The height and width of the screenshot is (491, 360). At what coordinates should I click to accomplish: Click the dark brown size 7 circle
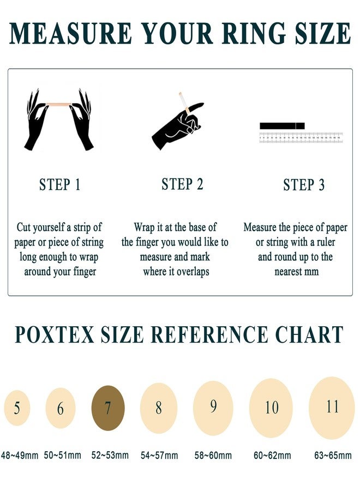(x=108, y=408)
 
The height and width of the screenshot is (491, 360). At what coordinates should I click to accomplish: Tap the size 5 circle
(x=17, y=408)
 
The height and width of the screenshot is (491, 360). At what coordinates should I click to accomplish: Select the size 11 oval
(x=332, y=408)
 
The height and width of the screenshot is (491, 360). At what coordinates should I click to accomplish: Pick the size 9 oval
(x=213, y=408)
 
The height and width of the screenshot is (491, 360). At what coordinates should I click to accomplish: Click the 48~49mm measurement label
(x=20, y=455)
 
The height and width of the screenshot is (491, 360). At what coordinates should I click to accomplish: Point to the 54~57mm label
(x=159, y=455)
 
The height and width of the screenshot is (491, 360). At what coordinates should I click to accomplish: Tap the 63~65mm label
(x=333, y=455)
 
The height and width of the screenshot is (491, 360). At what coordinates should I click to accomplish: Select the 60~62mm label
(x=272, y=455)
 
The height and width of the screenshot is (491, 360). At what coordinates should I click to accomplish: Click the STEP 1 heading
(x=60, y=184)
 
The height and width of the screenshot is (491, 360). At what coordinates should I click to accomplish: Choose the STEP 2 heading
(x=182, y=184)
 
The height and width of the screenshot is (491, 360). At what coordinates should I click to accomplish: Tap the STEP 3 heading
(x=304, y=184)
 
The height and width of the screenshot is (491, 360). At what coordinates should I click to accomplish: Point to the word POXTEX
(x=55, y=334)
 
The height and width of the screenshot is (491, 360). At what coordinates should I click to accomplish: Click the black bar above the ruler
(x=282, y=126)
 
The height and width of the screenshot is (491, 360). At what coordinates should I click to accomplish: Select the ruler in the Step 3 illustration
(x=301, y=137)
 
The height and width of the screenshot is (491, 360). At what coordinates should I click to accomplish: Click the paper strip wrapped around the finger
(x=187, y=110)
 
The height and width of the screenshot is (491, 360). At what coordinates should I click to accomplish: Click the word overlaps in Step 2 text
(x=193, y=272)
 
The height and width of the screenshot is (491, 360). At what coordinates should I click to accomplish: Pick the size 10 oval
(x=271, y=408)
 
